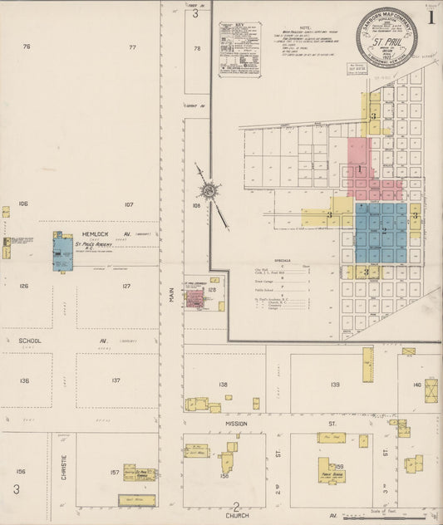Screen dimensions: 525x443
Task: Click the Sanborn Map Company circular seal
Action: coord(386,38)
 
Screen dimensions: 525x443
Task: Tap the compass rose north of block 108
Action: coord(209,193)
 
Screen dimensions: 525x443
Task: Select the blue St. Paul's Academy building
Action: coord(62,253)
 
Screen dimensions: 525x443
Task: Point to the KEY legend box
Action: coord(239,49)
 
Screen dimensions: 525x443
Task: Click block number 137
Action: coord(116,380)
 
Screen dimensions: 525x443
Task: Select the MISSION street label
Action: coord(236,423)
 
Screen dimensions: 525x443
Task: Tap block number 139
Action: coord(335,385)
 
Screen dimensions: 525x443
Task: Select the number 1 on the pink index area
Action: coord(359,169)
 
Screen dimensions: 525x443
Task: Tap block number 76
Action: coord(27,47)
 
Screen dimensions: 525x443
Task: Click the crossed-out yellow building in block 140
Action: coord(431,390)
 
